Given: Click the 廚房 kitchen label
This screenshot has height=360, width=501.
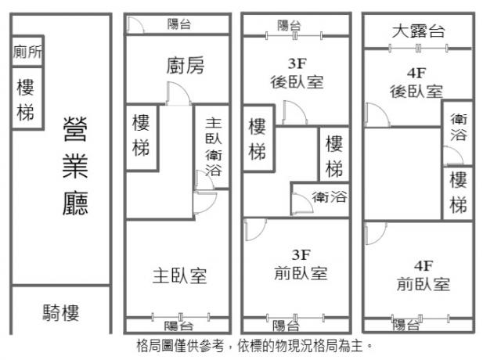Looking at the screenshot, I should pos(185,67).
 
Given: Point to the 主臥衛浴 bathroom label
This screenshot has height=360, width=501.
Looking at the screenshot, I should pos(213,146).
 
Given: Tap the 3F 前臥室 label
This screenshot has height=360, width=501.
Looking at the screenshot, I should pos(301,265).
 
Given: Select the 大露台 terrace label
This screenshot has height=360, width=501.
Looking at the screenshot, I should pos(418,31).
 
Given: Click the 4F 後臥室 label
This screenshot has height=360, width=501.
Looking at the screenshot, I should pos(416,82).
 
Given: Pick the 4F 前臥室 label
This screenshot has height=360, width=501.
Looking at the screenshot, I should pos(423,275).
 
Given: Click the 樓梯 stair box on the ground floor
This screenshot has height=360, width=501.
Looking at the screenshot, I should pos(26,100).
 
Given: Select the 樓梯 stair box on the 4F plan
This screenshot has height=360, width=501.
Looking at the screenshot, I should pos(459,193).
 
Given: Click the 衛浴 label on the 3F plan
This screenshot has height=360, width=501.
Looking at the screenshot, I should pos(329,196).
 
